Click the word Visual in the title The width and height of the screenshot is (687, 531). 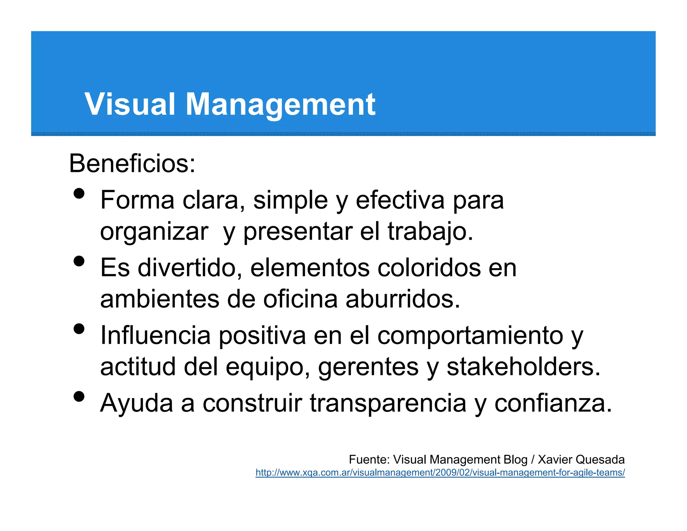pos(130,104)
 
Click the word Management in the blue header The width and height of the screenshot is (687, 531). pos(280,105)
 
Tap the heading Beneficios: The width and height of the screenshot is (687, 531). pos(132,163)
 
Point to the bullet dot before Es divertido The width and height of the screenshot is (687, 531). pos(79,261)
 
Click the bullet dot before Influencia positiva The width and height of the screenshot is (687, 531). pos(79,329)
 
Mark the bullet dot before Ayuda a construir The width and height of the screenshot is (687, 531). pos(79,396)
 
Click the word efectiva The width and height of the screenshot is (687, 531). pos(400,200)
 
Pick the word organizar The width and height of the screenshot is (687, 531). pos(154,232)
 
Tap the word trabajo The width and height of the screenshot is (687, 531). pos(430,232)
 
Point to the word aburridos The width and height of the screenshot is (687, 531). pos(403,299)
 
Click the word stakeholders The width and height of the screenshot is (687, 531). pos(523,367)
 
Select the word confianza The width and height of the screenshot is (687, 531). pos(553,403)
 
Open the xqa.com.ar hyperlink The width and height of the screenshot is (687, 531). pos(440,473)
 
